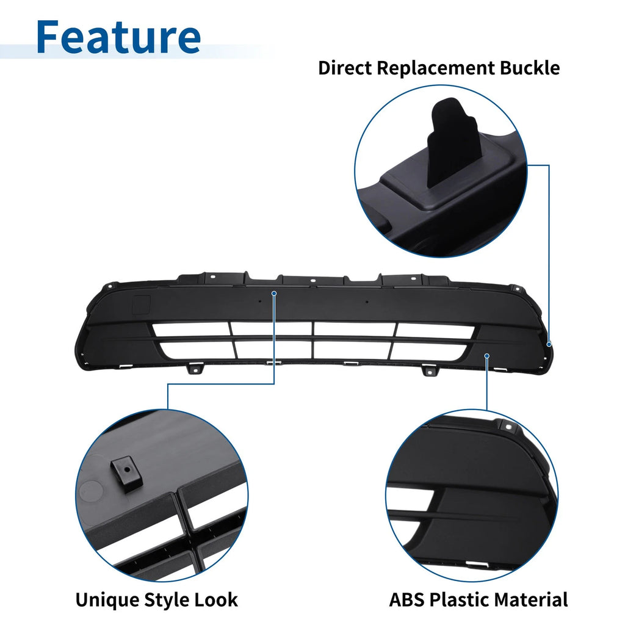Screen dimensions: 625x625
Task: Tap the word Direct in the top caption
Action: tap(345, 68)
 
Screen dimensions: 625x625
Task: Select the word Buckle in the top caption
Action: tap(530, 68)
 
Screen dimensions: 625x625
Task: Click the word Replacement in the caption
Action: tap(436, 68)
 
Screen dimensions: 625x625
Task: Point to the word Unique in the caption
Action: tap(107, 600)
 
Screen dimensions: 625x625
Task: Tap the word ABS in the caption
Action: tap(406, 600)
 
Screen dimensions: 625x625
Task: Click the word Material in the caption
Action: tap(531, 600)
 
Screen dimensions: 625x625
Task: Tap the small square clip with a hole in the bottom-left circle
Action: tap(127, 474)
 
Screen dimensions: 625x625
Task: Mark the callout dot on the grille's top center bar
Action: tap(274, 294)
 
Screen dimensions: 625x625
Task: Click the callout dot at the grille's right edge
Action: tap(549, 344)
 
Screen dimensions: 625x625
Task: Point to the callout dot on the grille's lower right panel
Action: tap(486, 356)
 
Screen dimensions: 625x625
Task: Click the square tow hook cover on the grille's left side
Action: tap(141, 303)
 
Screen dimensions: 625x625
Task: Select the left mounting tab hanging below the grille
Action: tap(195, 369)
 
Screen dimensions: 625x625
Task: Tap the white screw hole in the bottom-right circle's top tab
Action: tap(508, 427)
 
